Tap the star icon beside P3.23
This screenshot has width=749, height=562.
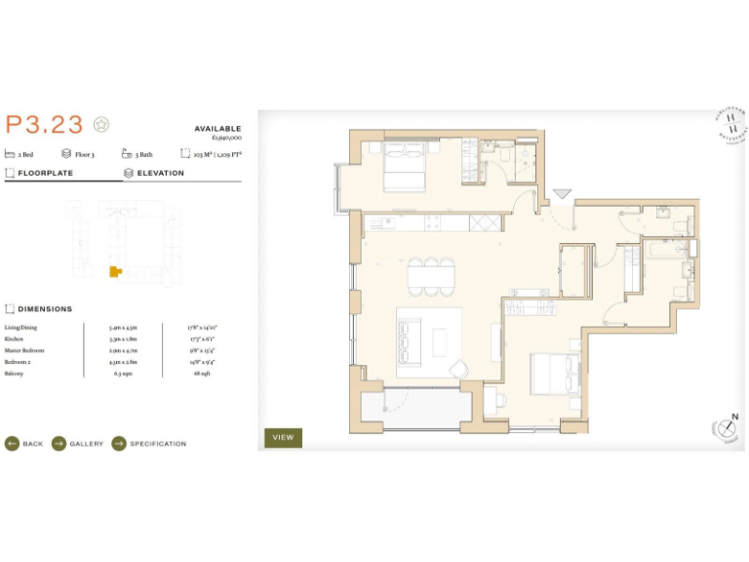click(x=101, y=124)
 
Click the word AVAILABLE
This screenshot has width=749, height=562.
click(x=217, y=129)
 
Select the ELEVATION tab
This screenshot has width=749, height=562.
click(x=160, y=173)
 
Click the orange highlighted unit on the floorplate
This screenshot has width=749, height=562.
click(x=115, y=270)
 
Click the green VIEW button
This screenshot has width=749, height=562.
click(x=283, y=437)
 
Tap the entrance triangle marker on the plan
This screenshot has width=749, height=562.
click(x=562, y=195)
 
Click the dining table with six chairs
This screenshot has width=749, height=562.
click(x=430, y=276)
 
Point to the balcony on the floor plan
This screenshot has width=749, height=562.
click(x=421, y=408)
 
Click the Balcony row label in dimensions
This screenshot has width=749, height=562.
click(x=14, y=373)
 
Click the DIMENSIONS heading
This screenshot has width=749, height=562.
click(x=45, y=309)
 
